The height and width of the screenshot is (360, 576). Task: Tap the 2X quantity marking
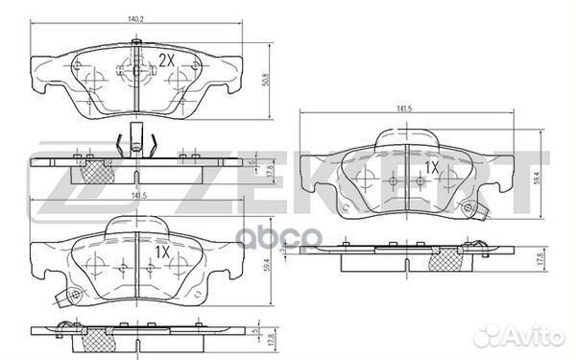(166, 60)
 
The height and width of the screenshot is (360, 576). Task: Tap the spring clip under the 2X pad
(136, 143)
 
